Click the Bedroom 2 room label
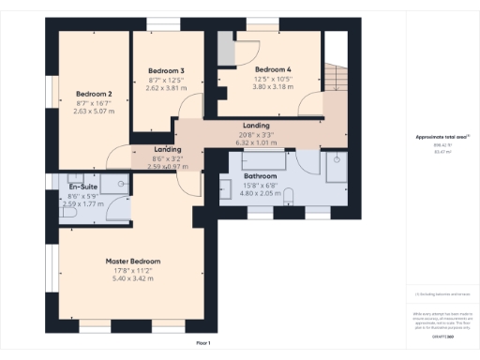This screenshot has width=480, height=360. click(x=94, y=94)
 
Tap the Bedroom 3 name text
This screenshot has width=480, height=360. click(x=166, y=70)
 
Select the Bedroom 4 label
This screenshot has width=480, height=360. click(x=273, y=69)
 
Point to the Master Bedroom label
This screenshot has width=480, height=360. click(x=131, y=261)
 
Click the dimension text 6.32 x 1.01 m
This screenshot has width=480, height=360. click(x=256, y=142)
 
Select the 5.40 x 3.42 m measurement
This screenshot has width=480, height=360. click(x=131, y=278)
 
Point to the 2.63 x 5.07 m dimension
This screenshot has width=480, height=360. click(x=94, y=111)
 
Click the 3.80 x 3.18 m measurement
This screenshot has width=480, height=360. click(x=273, y=86)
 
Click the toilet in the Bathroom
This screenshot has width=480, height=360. click(x=289, y=196)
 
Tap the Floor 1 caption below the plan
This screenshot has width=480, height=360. click(x=202, y=344)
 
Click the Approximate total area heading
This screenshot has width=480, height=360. click(x=442, y=137)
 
